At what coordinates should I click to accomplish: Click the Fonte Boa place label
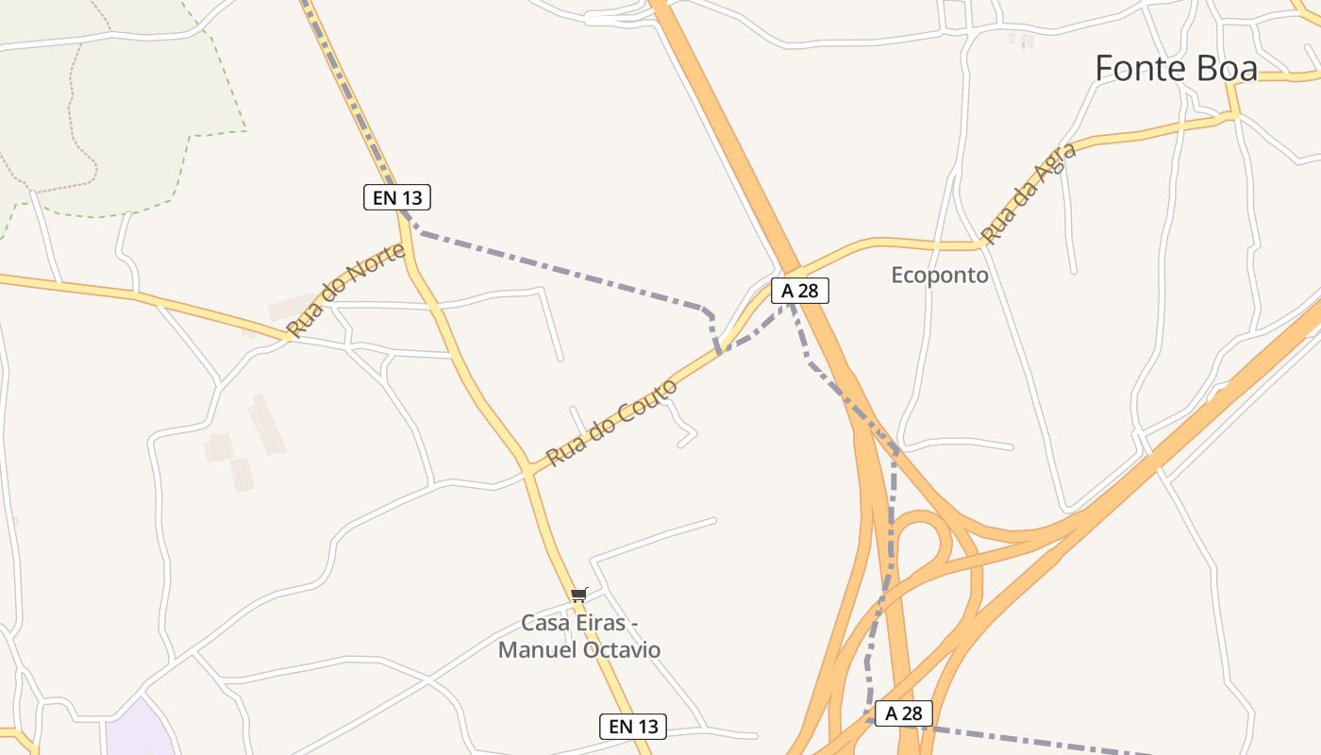(1176, 69)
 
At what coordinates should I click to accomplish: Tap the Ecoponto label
(940, 276)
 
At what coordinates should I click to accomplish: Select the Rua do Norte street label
(347, 290)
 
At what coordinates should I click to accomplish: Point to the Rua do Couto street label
(611, 423)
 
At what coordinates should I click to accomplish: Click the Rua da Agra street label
(1028, 199)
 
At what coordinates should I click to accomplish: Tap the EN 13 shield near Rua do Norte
(397, 197)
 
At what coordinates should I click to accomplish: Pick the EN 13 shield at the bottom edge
(633, 727)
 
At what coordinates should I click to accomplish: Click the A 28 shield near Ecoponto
(799, 291)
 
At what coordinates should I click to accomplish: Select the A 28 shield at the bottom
(903, 713)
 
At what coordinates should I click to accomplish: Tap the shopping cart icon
(578, 595)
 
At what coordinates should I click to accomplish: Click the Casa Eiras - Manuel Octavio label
(579, 637)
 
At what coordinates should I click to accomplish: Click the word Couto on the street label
(646, 403)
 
